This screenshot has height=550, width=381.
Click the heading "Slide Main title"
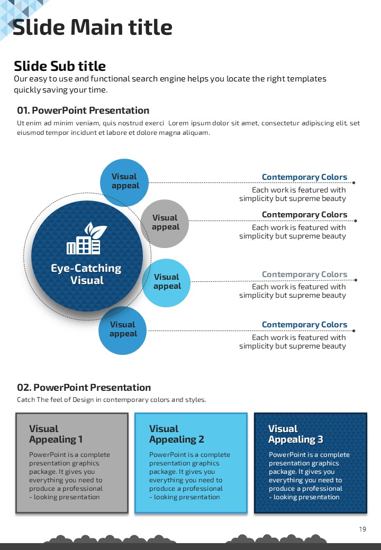click(x=92, y=27)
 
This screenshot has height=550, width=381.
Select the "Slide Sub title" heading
click(x=60, y=66)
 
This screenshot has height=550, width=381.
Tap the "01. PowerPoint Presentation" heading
click(x=83, y=111)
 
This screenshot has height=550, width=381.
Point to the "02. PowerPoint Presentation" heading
click(x=84, y=388)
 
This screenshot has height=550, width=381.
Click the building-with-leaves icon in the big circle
click(x=87, y=239)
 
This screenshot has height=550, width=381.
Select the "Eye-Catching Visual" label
click(x=86, y=274)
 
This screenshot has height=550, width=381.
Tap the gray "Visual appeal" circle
click(x=165, y=223)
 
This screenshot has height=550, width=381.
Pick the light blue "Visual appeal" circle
click(x=167, y=282)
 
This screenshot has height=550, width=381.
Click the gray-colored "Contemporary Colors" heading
click(x=304, y=274)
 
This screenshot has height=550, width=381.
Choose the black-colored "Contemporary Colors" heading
click(x=304, y=215)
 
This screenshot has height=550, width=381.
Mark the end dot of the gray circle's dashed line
click(x=355, y=221)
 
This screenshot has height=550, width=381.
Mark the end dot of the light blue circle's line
click(x=355, y=280)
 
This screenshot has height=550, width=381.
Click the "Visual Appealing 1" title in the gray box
click(x=56, y=434)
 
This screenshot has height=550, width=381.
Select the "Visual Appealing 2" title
click(x=176, y=434)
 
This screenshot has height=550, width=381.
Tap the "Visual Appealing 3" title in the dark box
click(x=295, y=434)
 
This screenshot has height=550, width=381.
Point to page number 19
click(x=362, y=529)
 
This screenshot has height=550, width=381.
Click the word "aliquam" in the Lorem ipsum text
click(x=195, y=133)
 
